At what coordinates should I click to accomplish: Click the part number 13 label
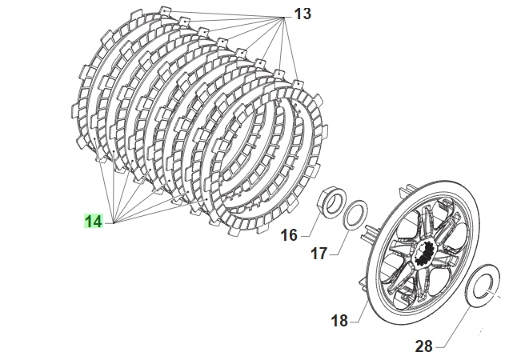pyautogui.click(x=303, y=14)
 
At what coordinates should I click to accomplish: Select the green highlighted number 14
pyautogui.click(x=93, y=222)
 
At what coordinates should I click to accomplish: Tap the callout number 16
pyautogui.click(x=289, y=235)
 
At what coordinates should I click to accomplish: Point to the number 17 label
pyautogui.click(x=319, y=253)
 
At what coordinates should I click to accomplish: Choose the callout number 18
pyautogui.click(x=339, y=321)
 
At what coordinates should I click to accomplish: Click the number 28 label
pyautogui.click(x=423, y=346)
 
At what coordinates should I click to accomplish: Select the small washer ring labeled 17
pyautogui.click(x=355, y=215)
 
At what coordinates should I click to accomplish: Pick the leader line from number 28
pyautogui.click(x=456, y=326)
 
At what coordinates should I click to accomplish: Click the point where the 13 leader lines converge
pyautogui.click(x=284, y=18)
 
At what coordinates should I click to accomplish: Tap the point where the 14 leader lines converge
pyautogui.click(x=114, y=222)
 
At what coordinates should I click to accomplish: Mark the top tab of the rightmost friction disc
pyautogui.click(x=298, y=85)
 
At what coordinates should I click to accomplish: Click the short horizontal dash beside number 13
pyautogui.click(x=288, y=18)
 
